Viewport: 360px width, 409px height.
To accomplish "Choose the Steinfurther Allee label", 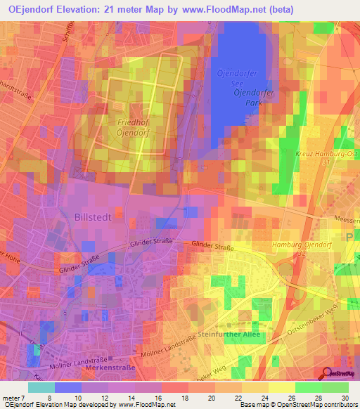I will click(x=229, y=334).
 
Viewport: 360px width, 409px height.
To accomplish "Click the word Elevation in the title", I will click(x=77, y=9).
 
